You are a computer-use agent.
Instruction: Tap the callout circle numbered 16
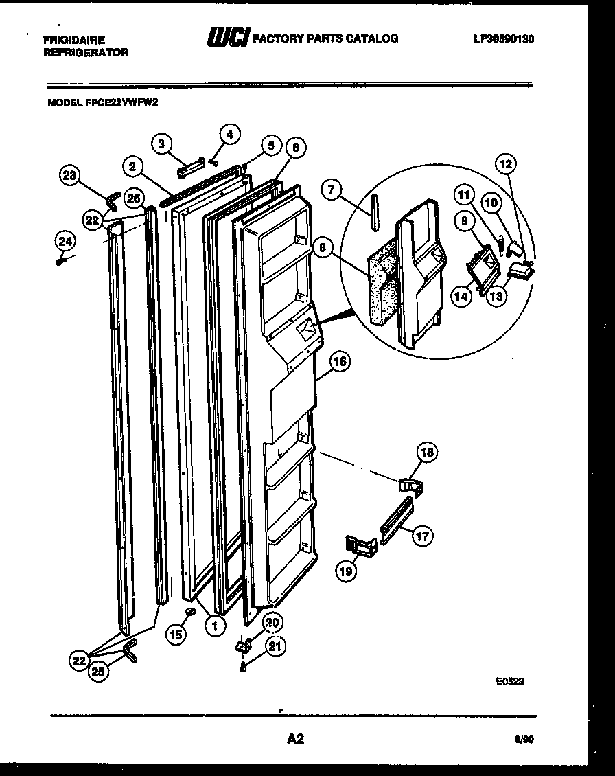click(x=339, y=361)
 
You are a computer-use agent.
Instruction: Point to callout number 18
click(x=427, y=452)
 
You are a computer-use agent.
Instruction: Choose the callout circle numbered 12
click(x=506, y=164)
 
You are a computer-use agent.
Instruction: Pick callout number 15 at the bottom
click(x=176, y=635)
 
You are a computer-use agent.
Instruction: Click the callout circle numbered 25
click(x=99, y=672)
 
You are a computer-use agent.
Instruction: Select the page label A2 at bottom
click(x=295, y=740)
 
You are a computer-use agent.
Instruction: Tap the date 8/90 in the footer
click(x=523, y=740)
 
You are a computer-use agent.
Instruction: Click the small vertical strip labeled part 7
click(x=375, y=214)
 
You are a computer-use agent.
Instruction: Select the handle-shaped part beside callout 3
click(x=189, y=167)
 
